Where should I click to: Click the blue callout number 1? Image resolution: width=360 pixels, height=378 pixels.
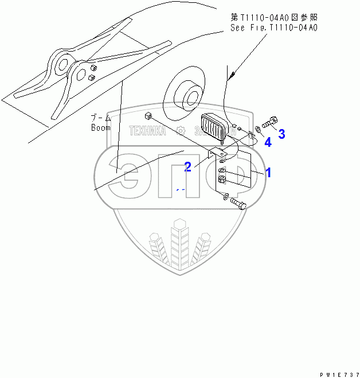coord(267,172)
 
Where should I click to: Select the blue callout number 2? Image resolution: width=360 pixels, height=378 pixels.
coord(187,167)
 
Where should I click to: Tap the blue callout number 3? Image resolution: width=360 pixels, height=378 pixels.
coord(281,134)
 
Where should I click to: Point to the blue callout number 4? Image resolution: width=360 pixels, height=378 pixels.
coord(268,142)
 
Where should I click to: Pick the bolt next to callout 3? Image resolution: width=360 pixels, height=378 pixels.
coord(270,122)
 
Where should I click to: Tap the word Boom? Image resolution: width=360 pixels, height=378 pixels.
coord(100,128)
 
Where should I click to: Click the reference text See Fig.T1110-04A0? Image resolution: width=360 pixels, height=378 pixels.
coord(274,27)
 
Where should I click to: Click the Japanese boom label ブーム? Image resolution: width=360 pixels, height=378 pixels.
coord(100,118)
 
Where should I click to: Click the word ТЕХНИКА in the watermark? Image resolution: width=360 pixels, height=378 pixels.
coord(147,131)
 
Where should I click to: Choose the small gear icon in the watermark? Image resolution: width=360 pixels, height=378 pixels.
coord(181,130)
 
